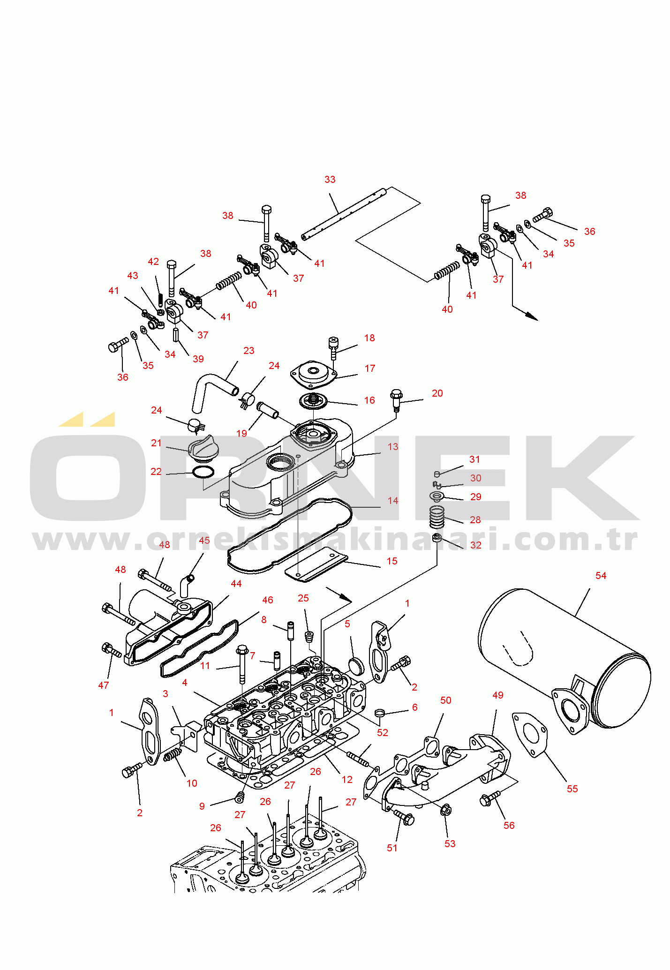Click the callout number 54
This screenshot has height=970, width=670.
pyautogui.click(x=601, y=576)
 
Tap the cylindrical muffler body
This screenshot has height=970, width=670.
pyautogui.click(x=563, y=656)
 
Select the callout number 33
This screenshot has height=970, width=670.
pyautogui.click(x=330, y=180)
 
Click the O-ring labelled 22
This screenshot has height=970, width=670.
pyautogui.click(x=203, y=473)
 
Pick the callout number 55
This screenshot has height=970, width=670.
pyautogui.click(x=572, y=789)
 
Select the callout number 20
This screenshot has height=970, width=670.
pyautogui.click(x=437, y=393)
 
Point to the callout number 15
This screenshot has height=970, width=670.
pyautogui.click(x=392, y=561)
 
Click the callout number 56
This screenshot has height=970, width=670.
pyautogui.click(x=509, y=826)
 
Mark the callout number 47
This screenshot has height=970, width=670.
pyautogui.click(x=103, y=685)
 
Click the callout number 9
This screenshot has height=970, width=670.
pyautogui.click(x=202, y=806)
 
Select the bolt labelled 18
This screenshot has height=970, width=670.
pyautogui.click(x=333, y=347)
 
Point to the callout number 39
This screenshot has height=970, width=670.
pyautogui.click(x=198, y=359)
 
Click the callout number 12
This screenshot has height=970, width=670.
pyautogui.click(x=347, y=780)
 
